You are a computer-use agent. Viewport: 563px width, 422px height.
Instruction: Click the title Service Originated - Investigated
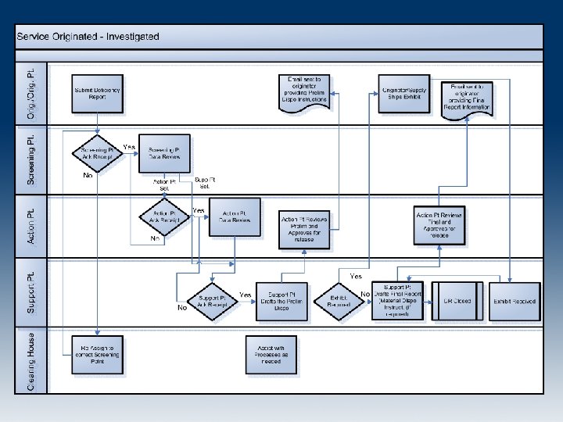88,36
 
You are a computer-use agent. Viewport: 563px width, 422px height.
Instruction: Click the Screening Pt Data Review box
164,154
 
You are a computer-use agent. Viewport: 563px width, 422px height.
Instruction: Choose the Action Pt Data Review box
235,217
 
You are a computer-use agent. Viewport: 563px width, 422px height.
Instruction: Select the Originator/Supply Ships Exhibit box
403,93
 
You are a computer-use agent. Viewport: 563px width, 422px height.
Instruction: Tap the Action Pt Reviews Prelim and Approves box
304,228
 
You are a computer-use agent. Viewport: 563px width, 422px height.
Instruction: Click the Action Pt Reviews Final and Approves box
439,224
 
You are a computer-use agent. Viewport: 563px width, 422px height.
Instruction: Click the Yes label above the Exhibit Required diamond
357,277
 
